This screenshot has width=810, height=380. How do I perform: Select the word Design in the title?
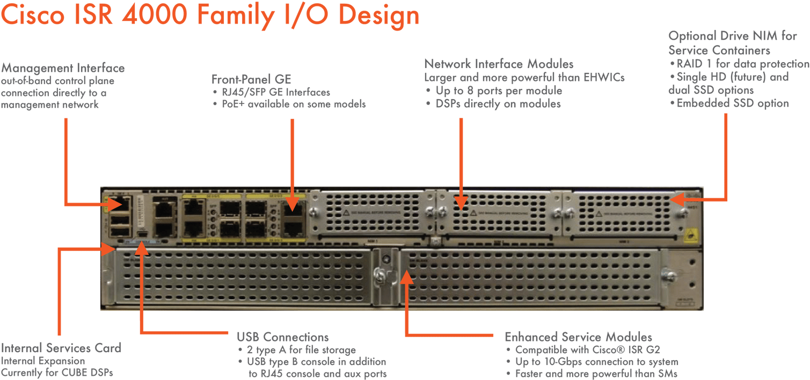[x=379, y=16]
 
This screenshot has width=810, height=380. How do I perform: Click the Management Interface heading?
[x=63, y=69]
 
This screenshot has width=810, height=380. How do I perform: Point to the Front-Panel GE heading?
[x=251, y=80]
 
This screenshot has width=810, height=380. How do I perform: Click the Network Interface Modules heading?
[x=499, y=64]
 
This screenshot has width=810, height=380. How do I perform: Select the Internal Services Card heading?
[x=61, y=348]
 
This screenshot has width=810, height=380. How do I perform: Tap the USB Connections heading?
[x=283, y=337]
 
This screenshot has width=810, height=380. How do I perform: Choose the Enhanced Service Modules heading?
[x=578, y=337]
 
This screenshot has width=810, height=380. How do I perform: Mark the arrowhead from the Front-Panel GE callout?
[x=292, y=206]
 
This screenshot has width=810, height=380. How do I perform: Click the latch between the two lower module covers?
[x=384, y=275]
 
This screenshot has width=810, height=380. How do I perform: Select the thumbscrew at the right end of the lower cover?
[x=669, y=275]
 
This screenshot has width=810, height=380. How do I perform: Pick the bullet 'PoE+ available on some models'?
[x=293, y=104]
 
